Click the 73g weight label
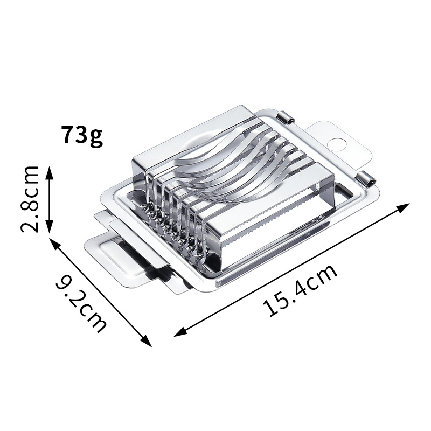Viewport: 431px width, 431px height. click(x=82, y=136)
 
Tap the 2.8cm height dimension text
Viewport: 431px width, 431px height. click(x=30, y=199)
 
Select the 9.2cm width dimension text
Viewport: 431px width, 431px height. click(x=81, y=303)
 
